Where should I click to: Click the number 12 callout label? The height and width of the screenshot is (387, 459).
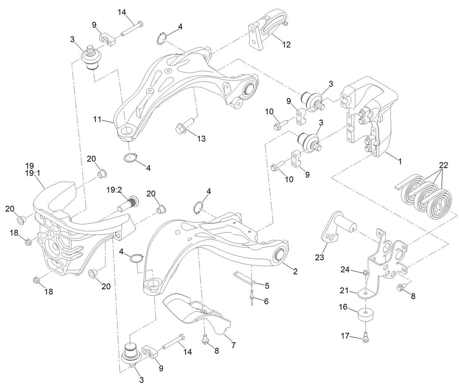tap(286, 44)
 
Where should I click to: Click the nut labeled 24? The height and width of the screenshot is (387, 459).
tap(365, 273)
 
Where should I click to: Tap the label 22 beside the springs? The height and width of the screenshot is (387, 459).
tap(443, 165)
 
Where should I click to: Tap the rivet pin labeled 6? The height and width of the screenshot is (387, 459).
tap(252, 299)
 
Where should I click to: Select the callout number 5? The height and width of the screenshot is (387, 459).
tap(267, 286)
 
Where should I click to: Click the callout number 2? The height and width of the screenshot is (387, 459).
tap(295, 271)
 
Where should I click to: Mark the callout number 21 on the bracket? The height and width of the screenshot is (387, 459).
tap(346, 291)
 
